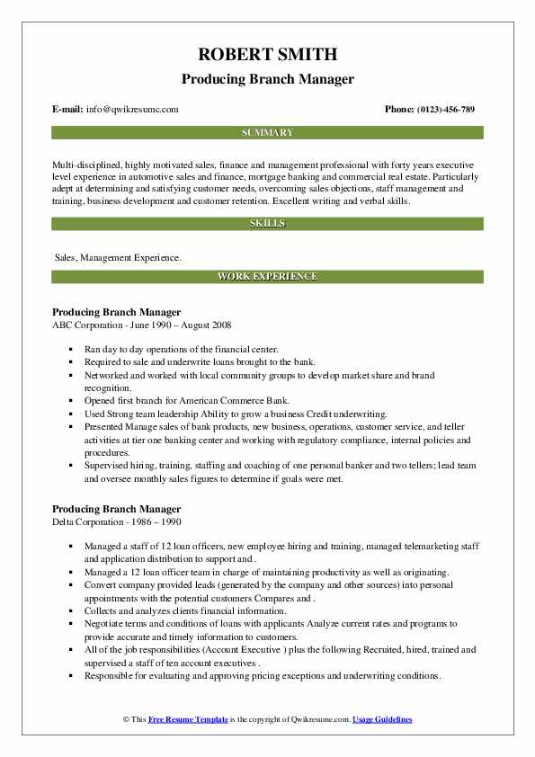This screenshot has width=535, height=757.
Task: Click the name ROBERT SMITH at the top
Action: click(x=267, y=53)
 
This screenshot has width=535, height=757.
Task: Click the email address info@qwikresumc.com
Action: click(x=132, y=109)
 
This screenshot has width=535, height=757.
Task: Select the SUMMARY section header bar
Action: click(x=267, y=132)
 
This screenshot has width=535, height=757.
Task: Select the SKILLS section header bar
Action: click(x=267, y=223)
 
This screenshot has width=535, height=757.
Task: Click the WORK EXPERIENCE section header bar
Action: click(x=267, y=276)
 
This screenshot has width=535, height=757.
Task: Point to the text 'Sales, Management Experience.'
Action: click(x=118, y=258)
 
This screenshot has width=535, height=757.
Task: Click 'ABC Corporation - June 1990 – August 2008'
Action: click(x=146, y=324)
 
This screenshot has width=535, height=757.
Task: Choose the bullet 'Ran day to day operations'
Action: click(x=183, y=349)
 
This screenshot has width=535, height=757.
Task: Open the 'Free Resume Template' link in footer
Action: click(x=189, y=720)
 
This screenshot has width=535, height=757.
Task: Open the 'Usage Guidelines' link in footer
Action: click(x=382, y=720)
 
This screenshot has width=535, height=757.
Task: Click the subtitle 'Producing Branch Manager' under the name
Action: click(x=267, y=79)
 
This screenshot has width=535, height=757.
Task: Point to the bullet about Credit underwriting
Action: click(x=236, y=414)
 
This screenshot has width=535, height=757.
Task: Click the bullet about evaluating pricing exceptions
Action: click(x=263, y=674)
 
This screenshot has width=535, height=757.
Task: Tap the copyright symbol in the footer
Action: click(x=126, y=720)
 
